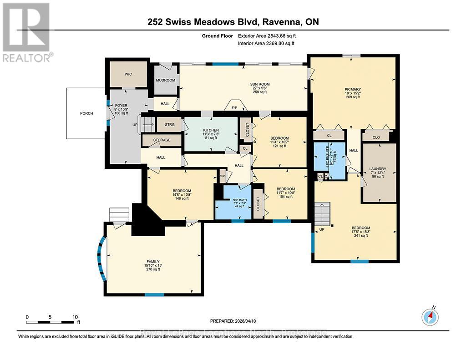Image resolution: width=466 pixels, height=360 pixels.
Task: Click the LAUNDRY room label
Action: pos(377,168)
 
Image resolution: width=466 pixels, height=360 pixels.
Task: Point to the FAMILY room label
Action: pos(153,261)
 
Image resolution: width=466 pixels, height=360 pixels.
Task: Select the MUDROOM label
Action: pos(165,80)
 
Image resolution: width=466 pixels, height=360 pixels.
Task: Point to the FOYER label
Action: pos(121,105)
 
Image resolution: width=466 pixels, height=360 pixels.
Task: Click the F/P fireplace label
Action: pos(234,108)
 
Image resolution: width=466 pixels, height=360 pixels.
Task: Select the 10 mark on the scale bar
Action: pos(76,317)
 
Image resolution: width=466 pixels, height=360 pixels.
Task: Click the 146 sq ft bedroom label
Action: pos(182,191)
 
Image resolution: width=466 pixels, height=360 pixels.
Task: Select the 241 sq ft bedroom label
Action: pos(360,228)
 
